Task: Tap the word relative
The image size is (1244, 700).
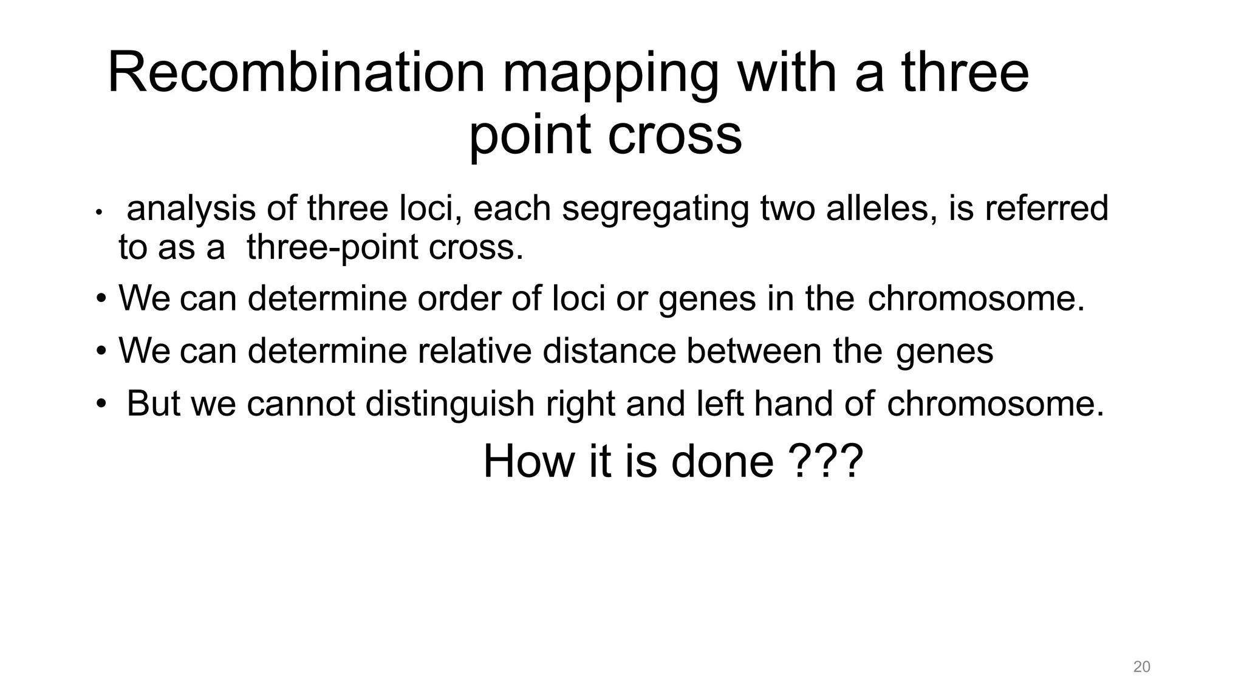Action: tap(474, 351)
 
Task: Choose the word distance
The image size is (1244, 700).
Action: tap(609, 351)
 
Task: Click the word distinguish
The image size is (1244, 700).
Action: tap(450, 404)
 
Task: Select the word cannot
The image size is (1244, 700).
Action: tap(300, 404)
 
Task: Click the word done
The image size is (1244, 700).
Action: tap(722, 462)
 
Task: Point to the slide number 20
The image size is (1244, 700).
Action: tap(1141, 667)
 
